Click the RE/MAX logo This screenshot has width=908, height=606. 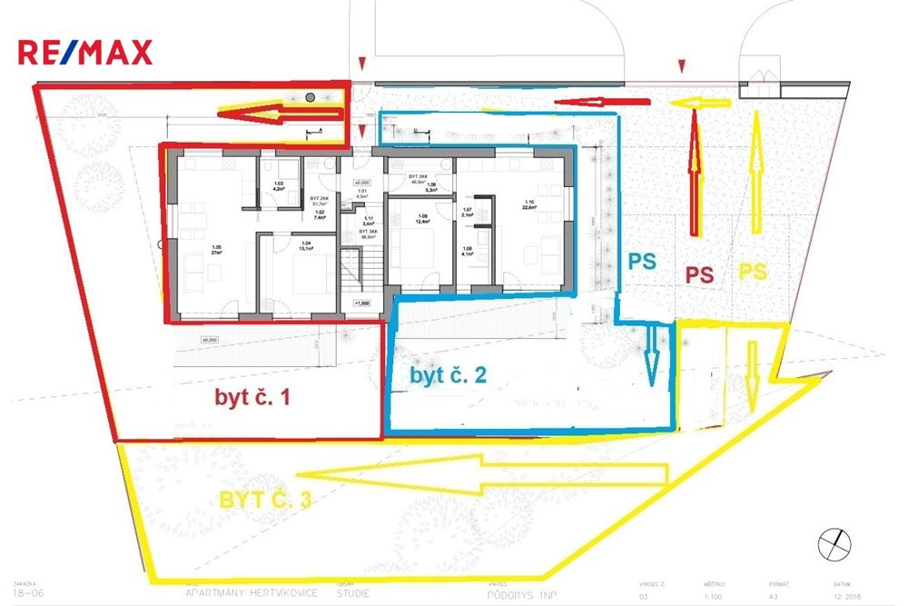85,53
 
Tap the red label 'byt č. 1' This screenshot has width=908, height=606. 253,397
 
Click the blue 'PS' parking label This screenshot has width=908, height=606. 644,260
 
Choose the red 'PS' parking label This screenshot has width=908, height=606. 698,273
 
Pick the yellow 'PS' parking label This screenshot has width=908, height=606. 754,270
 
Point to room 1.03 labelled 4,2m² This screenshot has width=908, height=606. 279,189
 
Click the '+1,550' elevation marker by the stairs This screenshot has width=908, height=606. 364,303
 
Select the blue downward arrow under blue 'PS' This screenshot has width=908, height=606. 650,357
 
